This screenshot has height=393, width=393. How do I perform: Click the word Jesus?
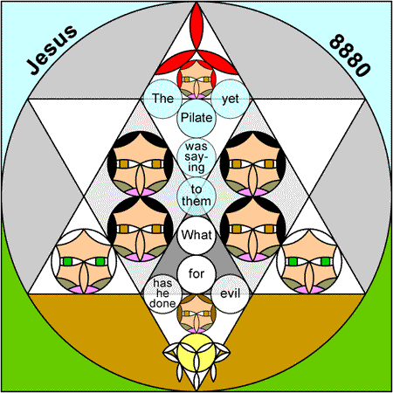pyautogui.click(x=52, y=50)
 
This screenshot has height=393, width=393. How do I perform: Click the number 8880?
pyautogui.click(x=350, y=55)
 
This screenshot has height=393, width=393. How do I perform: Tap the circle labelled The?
pyautogui.click(x=163, y=99)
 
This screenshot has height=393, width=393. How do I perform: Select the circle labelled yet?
pyautogui.click(x=231, y=99)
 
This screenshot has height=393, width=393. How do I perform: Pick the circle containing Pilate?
pyautogui.click(x=196, y=118)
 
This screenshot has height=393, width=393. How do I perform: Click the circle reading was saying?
pyautogui.click(x=196, y=157)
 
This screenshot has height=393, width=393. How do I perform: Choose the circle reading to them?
pyautogui.click(x=196, y=196)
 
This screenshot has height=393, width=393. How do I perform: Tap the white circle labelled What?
pyautogui.click(x=196, y=236)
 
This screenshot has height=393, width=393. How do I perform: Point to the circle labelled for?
pyautogui.click(x=196, y=274)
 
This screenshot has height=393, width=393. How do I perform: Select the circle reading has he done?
pyautogui.click(x=163, y=294)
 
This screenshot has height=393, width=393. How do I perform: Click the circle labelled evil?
pyautogui.click(x=231, y=294)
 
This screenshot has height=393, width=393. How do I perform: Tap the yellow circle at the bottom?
pyautogui.click(x=196, y=353)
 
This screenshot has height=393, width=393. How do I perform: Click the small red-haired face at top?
pyautogui.click(x=196, y=79)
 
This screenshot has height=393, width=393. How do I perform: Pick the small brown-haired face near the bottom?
pyautogui.click(x=196, y=314)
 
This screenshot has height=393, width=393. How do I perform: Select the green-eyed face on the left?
pyautogui.click(x=84, y=261)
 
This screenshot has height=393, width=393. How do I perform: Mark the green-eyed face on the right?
pyautogui.click(x=309, y=261)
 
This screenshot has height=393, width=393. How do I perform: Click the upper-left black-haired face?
pyautogui.click(x=140, y=163)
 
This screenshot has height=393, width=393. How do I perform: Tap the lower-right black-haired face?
pyautogui.click(x=252, y=229)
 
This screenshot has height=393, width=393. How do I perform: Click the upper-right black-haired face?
pyautogui.click(x=252, y=163)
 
